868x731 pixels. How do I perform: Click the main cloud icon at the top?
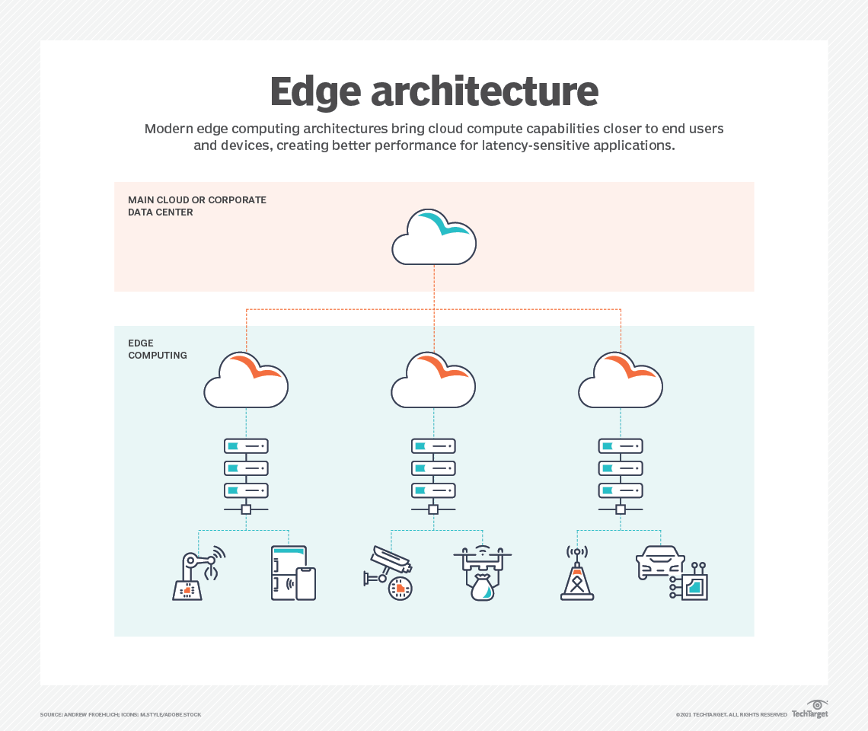434,237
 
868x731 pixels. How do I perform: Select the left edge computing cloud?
246,380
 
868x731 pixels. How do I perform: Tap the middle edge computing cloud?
433,380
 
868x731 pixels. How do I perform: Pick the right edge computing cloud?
621,380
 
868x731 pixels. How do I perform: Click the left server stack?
246,469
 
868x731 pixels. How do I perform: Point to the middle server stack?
433,469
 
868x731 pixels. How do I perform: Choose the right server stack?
621,469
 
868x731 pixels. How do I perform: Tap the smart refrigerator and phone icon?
293,573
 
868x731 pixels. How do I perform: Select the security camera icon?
389,573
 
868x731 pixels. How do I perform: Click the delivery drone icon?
482,573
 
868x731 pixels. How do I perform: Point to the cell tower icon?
577,574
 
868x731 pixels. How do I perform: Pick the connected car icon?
671,573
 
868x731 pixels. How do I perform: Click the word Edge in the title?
314,91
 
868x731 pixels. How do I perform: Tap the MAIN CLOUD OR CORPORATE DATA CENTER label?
197,206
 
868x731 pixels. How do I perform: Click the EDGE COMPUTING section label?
158,349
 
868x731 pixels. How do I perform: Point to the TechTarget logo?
810,710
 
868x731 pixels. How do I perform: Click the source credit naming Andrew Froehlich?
120,714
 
